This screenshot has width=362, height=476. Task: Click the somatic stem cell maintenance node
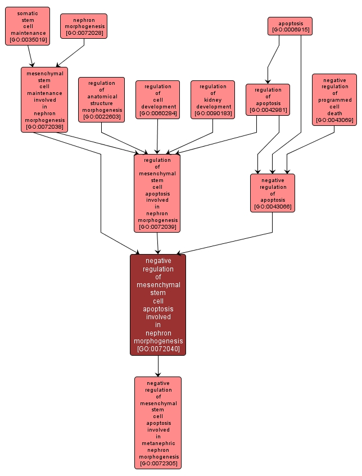point(28,26)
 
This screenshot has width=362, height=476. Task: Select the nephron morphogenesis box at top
point(84,26)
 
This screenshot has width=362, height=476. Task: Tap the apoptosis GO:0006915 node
point(289,25)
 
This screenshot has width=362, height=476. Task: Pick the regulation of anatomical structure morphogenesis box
point(102,99)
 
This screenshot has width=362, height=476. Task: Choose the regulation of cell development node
point(157,99)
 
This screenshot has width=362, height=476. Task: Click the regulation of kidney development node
point(212,99)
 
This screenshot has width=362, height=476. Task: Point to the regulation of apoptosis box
point(268,99)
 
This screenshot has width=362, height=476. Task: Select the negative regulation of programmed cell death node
point(334,99)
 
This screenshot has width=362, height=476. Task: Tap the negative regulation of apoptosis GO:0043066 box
point(273,193)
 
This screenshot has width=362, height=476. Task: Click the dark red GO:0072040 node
point(158,304)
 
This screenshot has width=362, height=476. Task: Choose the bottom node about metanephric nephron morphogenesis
point(158,422)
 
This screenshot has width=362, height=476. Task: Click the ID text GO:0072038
point(44,127)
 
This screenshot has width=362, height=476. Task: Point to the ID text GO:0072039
point(157,227)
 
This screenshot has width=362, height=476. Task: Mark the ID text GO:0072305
point(158,464)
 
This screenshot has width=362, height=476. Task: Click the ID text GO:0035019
point(28,39)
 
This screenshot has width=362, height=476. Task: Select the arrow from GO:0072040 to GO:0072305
point(158,366)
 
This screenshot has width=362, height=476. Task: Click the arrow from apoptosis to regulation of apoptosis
point(271,62)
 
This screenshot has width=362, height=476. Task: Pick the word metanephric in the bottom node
point(158,443)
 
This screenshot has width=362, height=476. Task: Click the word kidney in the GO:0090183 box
point(212,99)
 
